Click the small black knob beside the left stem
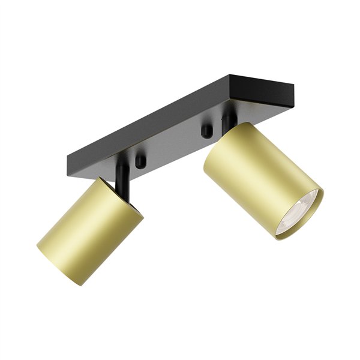[140, 161]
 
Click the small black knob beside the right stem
[206, 130]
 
